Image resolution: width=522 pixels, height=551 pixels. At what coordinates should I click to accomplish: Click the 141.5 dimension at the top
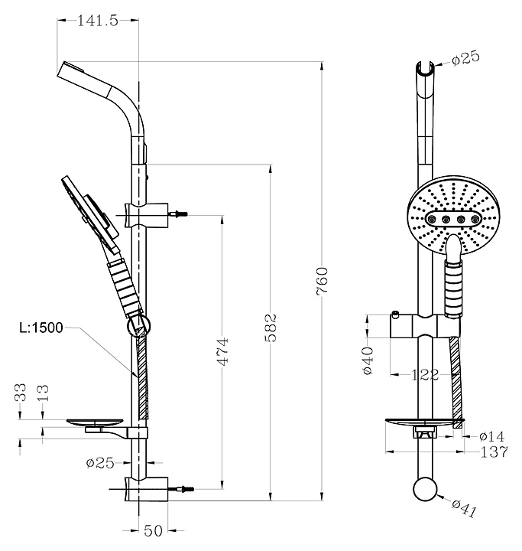coord(98,21)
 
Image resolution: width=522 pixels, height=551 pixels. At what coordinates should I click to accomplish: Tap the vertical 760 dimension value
coord(322,280)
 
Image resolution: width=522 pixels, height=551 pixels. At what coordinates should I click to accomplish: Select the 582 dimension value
coord(271,328)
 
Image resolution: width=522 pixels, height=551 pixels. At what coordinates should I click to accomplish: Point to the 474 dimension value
coord(222,352)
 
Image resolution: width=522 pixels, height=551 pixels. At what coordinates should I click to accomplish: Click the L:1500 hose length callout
coord(41,328)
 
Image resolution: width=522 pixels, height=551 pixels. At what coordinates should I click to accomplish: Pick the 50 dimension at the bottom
coord(154,530)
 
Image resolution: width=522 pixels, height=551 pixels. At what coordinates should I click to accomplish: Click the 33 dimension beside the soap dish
coord(21,392)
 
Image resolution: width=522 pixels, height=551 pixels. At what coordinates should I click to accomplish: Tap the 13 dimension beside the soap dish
coord(42,393)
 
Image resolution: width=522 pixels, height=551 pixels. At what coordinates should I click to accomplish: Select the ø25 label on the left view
coord(100,463)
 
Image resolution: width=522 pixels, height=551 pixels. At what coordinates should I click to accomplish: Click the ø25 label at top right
coord(465,58)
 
